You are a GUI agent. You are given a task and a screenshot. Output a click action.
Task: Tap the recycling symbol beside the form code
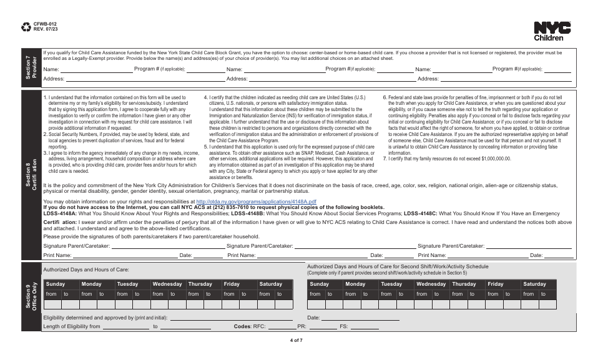(26, 27)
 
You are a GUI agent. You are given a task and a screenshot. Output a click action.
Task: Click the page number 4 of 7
(296, 340)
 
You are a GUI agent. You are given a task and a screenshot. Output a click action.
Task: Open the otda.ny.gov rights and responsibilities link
(257, 202)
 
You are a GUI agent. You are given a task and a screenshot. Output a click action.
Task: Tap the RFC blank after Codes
(281, 327)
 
